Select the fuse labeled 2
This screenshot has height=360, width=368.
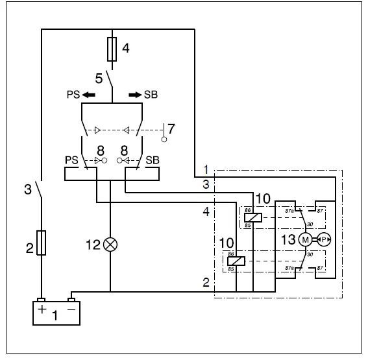pyautogui.click(x=42, y=243)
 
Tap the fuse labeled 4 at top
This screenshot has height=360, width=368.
pyautogui.click(x=113, y=49)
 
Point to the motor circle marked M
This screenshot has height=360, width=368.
pyautogui.click(x=304, y=239)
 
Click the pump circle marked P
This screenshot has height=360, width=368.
pyautogui.click(x=325, y=239)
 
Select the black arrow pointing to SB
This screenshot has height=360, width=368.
pyautogui.click(x=134, y=95)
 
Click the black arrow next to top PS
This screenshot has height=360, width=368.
pyautogui.click(x=88, y=95)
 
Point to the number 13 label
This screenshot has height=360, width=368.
pyautogui.click(x=288, y=240)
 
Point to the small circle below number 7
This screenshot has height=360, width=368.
pyautogui.click(x=165, y=139)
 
